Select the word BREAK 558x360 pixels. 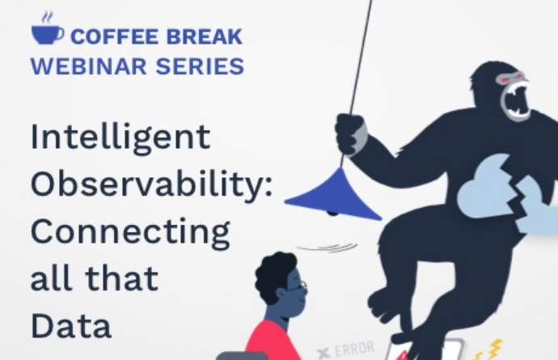tap(205, 36)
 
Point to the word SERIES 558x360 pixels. tap(200, 66)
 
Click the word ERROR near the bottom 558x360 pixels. tap(353, 349)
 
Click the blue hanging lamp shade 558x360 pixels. tap(334, 196)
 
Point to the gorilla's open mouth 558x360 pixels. tap(517, 100)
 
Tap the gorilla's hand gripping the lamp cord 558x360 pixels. tap(351, 134)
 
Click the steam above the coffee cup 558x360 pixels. tap(47, 18)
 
